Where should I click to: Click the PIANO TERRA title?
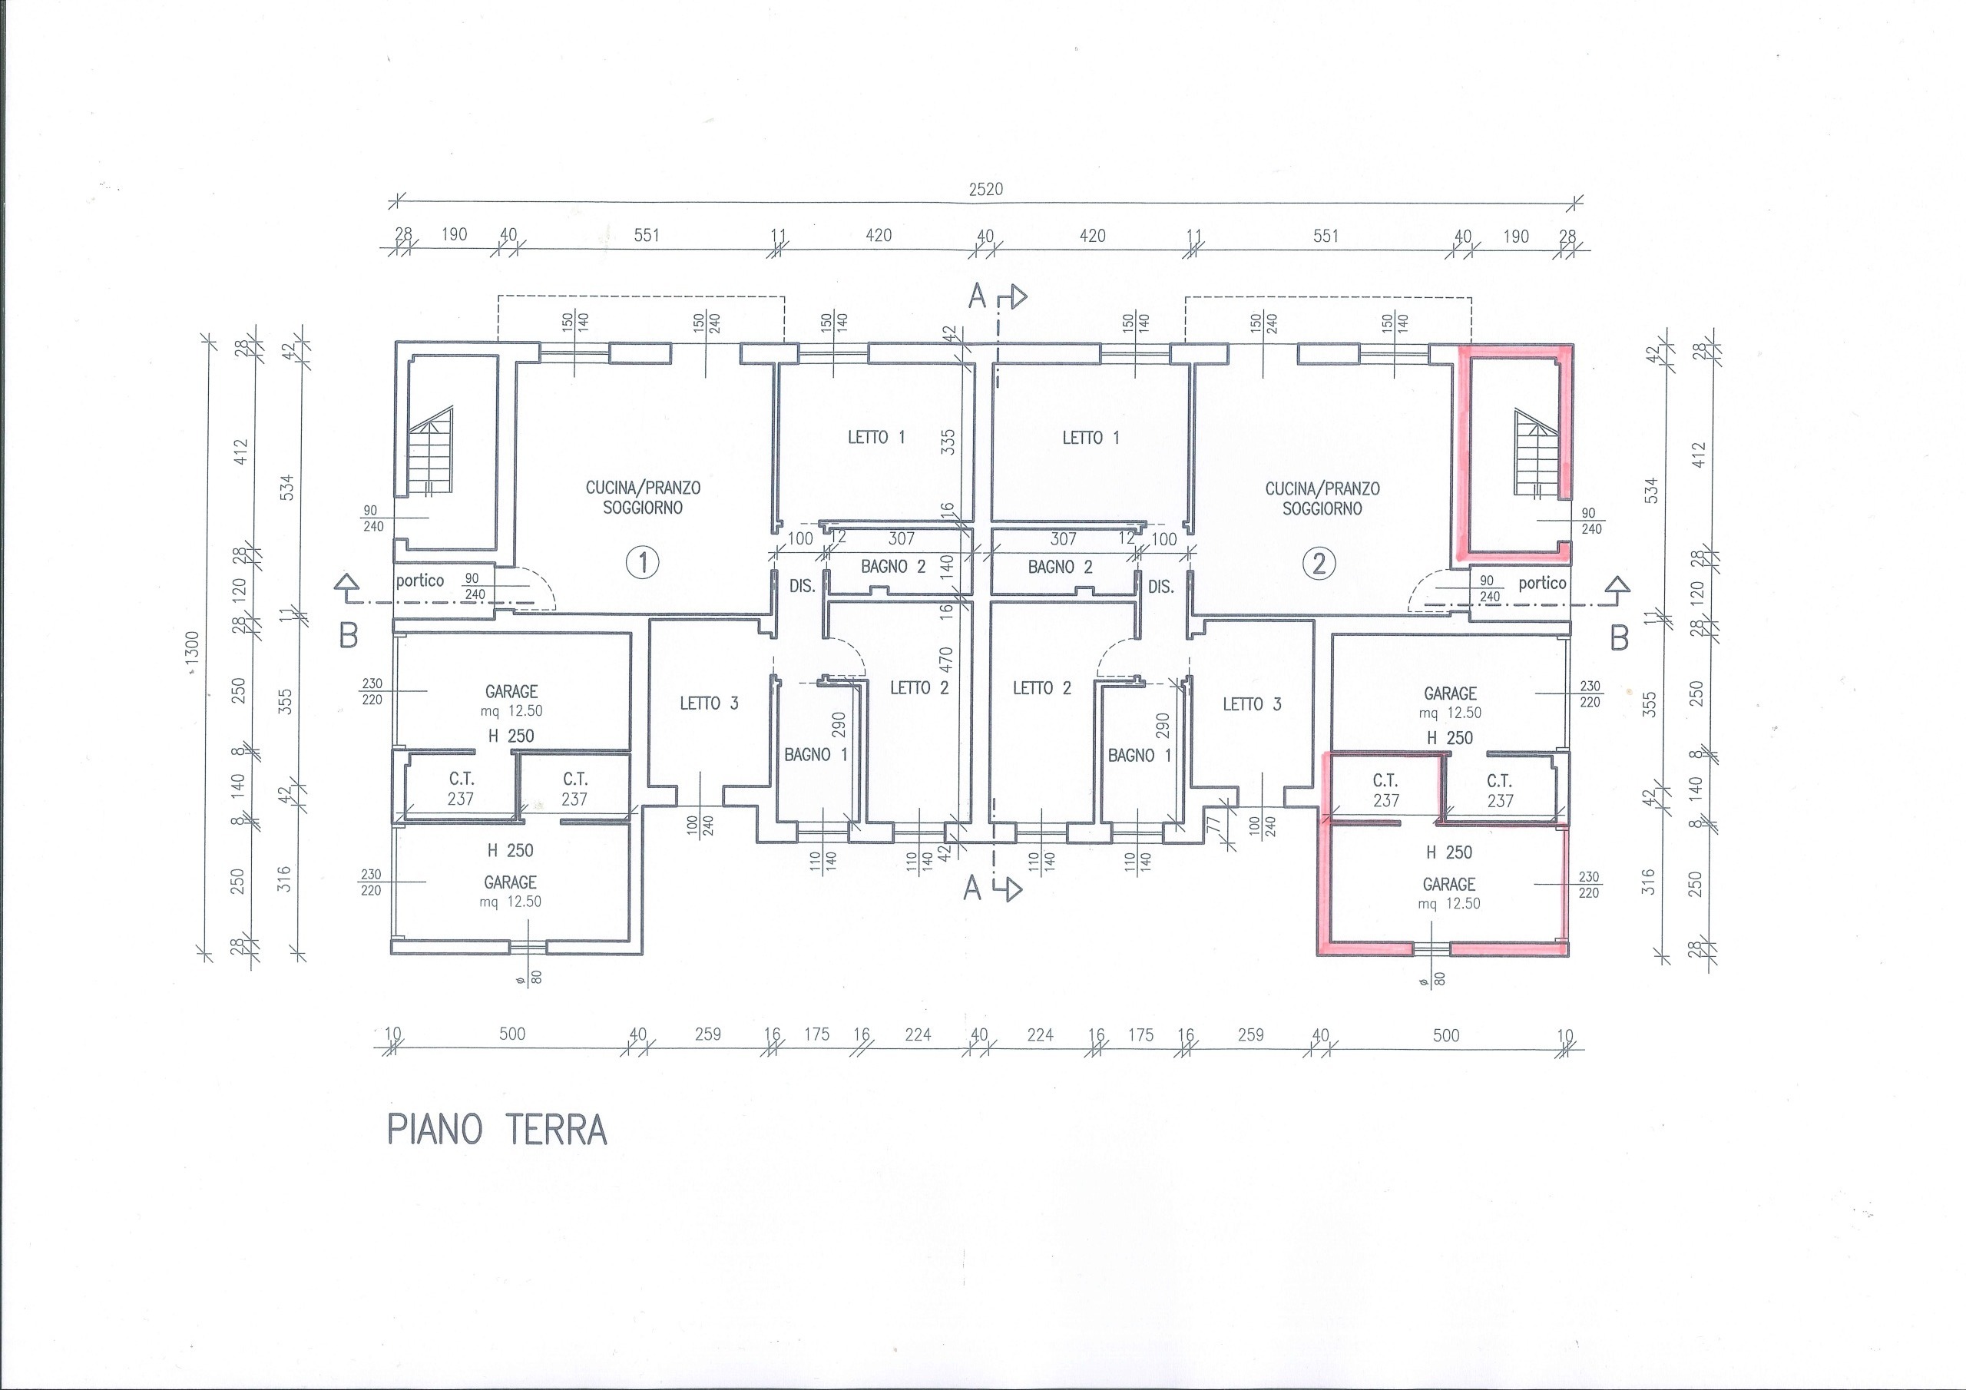coord(498,1130)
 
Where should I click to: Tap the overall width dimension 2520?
coord(985,189)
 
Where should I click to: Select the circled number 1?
coord(642,563)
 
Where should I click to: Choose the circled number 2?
coord(1319,564)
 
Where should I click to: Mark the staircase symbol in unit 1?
coord(430,452)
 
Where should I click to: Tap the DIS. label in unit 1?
coord(803,587)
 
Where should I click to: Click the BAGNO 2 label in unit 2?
coord(1060,566)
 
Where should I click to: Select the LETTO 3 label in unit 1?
coord(709,703)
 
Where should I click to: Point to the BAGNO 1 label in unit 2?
coord(1139,755)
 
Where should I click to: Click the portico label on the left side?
coord(419,581)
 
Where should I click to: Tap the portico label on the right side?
coord(1542,583)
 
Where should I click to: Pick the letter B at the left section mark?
coord(349,637)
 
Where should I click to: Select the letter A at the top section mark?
coord(977,296)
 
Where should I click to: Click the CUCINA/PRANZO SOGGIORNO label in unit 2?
coord(1322,498)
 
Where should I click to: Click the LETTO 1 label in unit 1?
coord(876,437)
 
